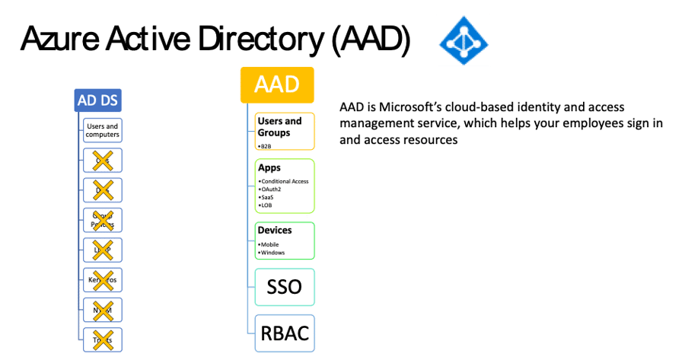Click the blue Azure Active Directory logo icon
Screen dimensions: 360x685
[x=463, y=40]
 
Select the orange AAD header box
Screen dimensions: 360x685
[x=276, y=84]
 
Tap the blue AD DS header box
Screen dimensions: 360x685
[x=99, y=100]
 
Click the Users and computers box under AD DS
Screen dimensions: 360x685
[x=102, y=130]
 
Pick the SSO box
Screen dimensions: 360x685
[x=284, y=287]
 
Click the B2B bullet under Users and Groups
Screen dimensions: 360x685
[x=266, y=145]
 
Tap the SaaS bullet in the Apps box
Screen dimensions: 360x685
[x=267, y=198]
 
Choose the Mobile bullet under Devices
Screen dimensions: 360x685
[x=270, y=244]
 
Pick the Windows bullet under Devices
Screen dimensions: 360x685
[x=272, y=252]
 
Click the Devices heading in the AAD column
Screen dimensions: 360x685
[x=275, y=230]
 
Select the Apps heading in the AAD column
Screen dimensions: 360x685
[x=269, y=167]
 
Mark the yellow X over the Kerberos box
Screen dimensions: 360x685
[x=102, y=279]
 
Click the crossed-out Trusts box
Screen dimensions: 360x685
[x=102, y=339]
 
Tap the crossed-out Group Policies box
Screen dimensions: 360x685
[x=102, y=219]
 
